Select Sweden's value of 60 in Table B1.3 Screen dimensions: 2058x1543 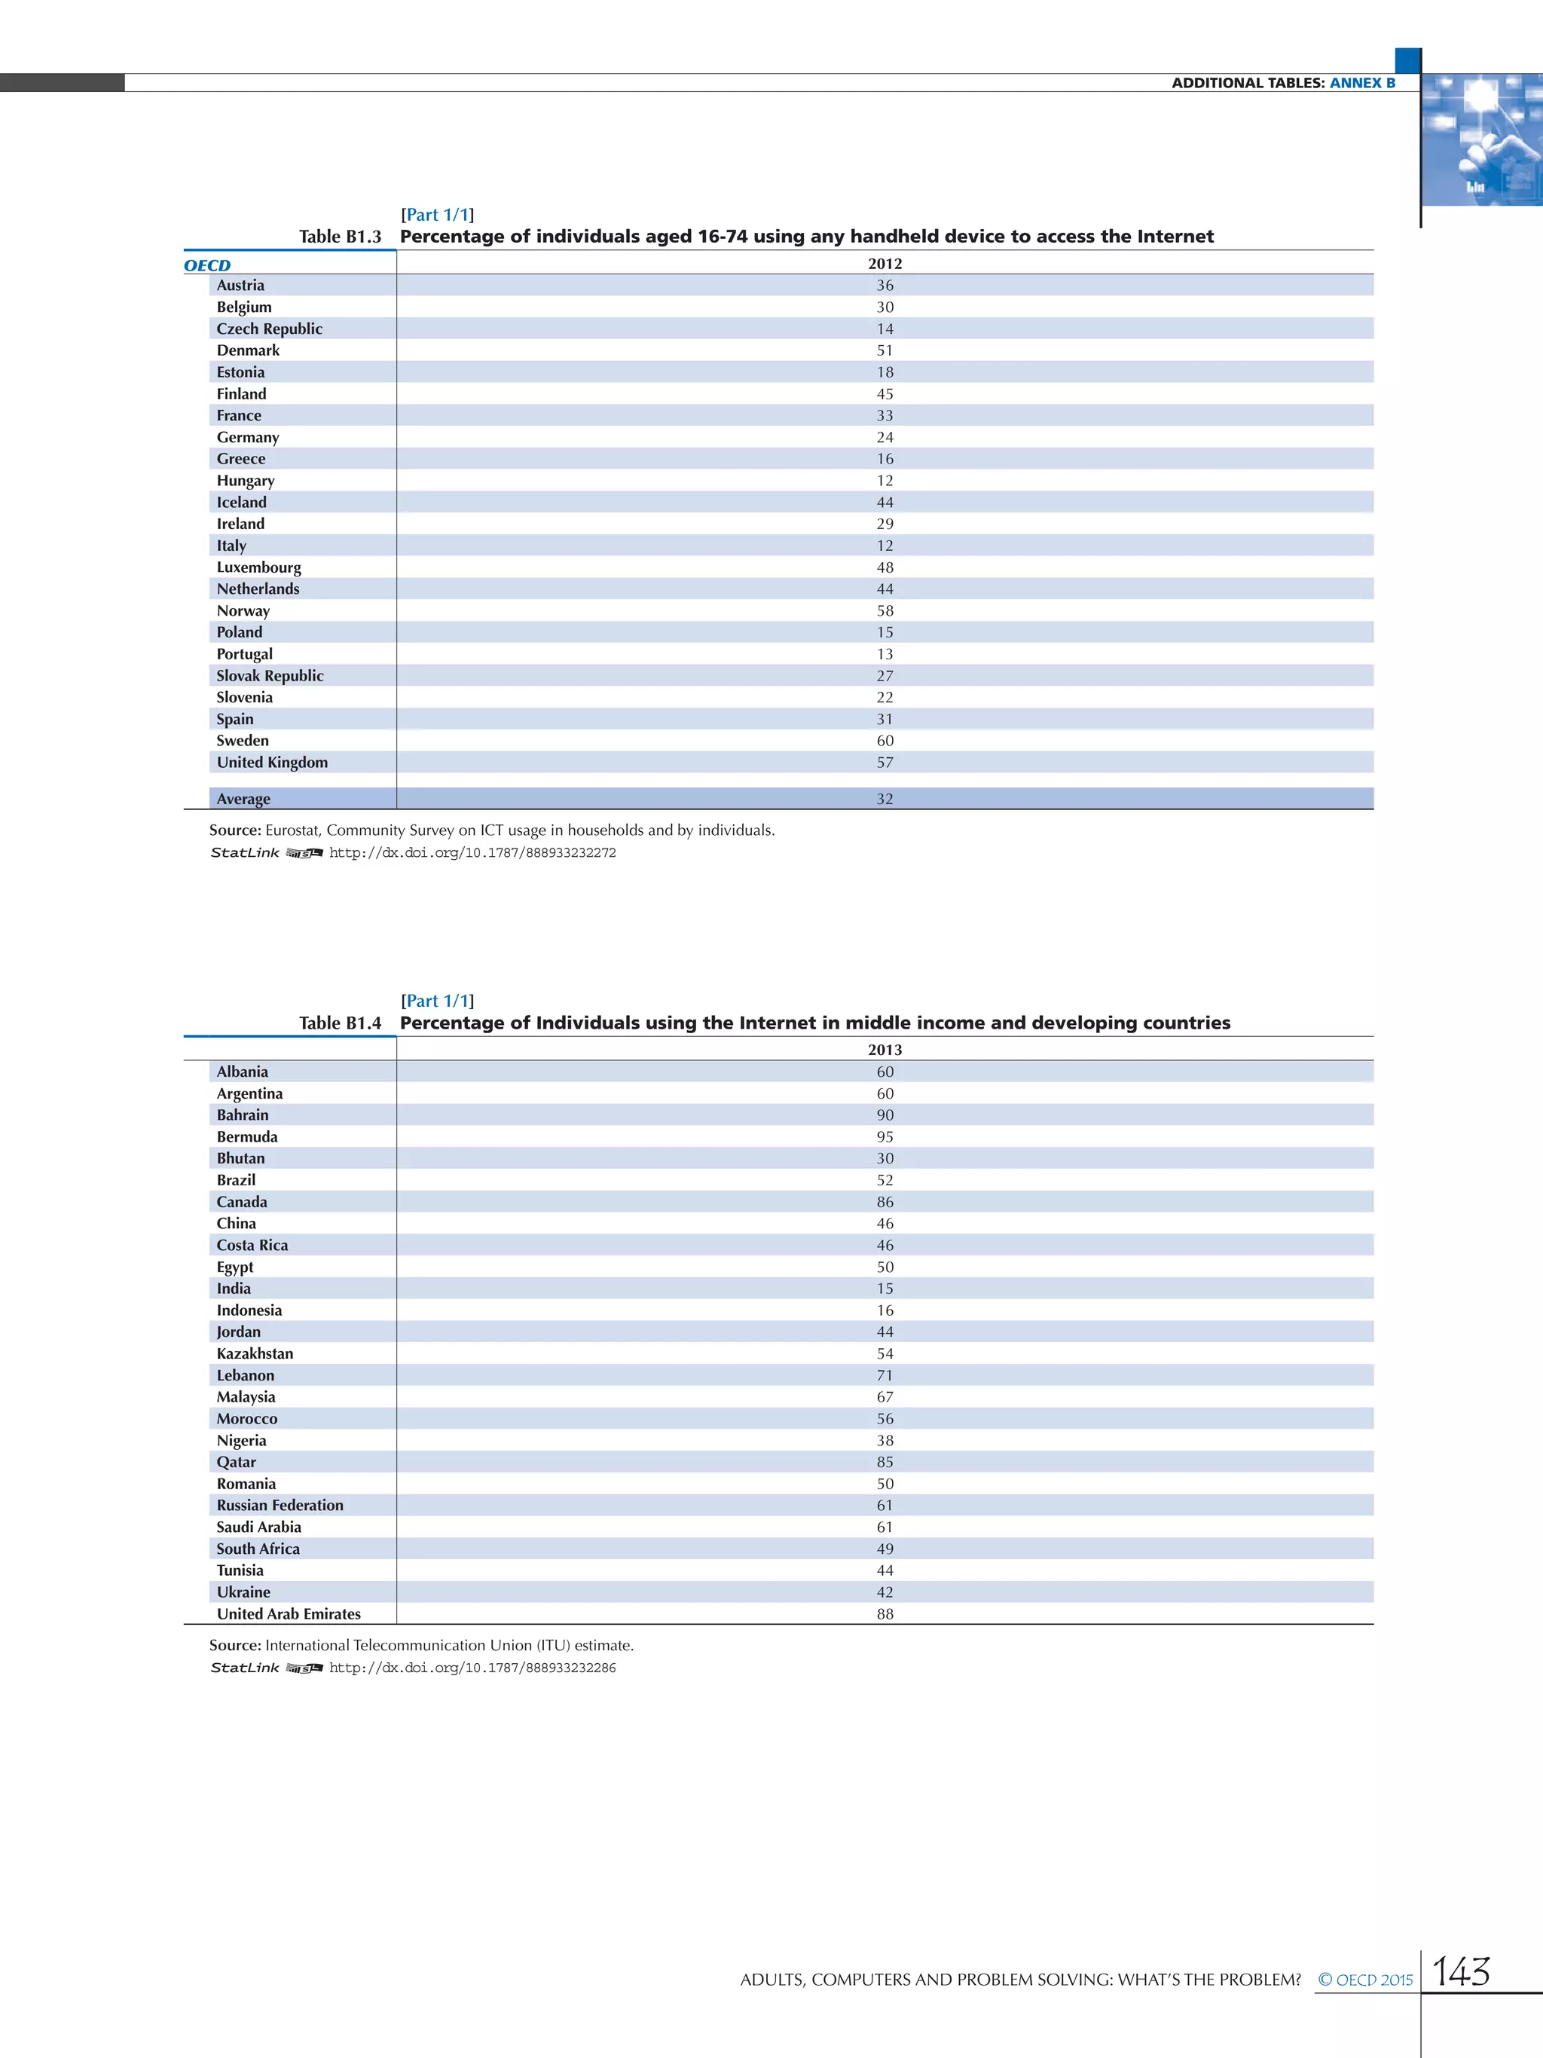(x=885, y=741)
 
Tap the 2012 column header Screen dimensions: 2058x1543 (x=885, y=263)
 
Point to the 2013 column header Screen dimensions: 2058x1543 (x=885, y=1050)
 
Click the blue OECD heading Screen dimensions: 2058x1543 (x=206, y=265)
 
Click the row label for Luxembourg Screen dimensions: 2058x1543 (x=258, y=567)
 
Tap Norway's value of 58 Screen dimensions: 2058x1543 (x=885, y=611)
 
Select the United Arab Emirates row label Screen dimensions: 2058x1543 (x=289, y=1614)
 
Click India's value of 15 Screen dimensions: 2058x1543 (x=885, y=1289)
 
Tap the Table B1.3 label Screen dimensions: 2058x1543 (x=340, y=237)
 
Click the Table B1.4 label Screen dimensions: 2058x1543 (x=340, y=1023)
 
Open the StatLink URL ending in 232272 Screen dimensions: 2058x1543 (x=472, y=853)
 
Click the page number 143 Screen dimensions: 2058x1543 (x=1461, y=1971)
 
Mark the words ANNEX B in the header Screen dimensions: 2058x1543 (x=1363, y=83)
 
